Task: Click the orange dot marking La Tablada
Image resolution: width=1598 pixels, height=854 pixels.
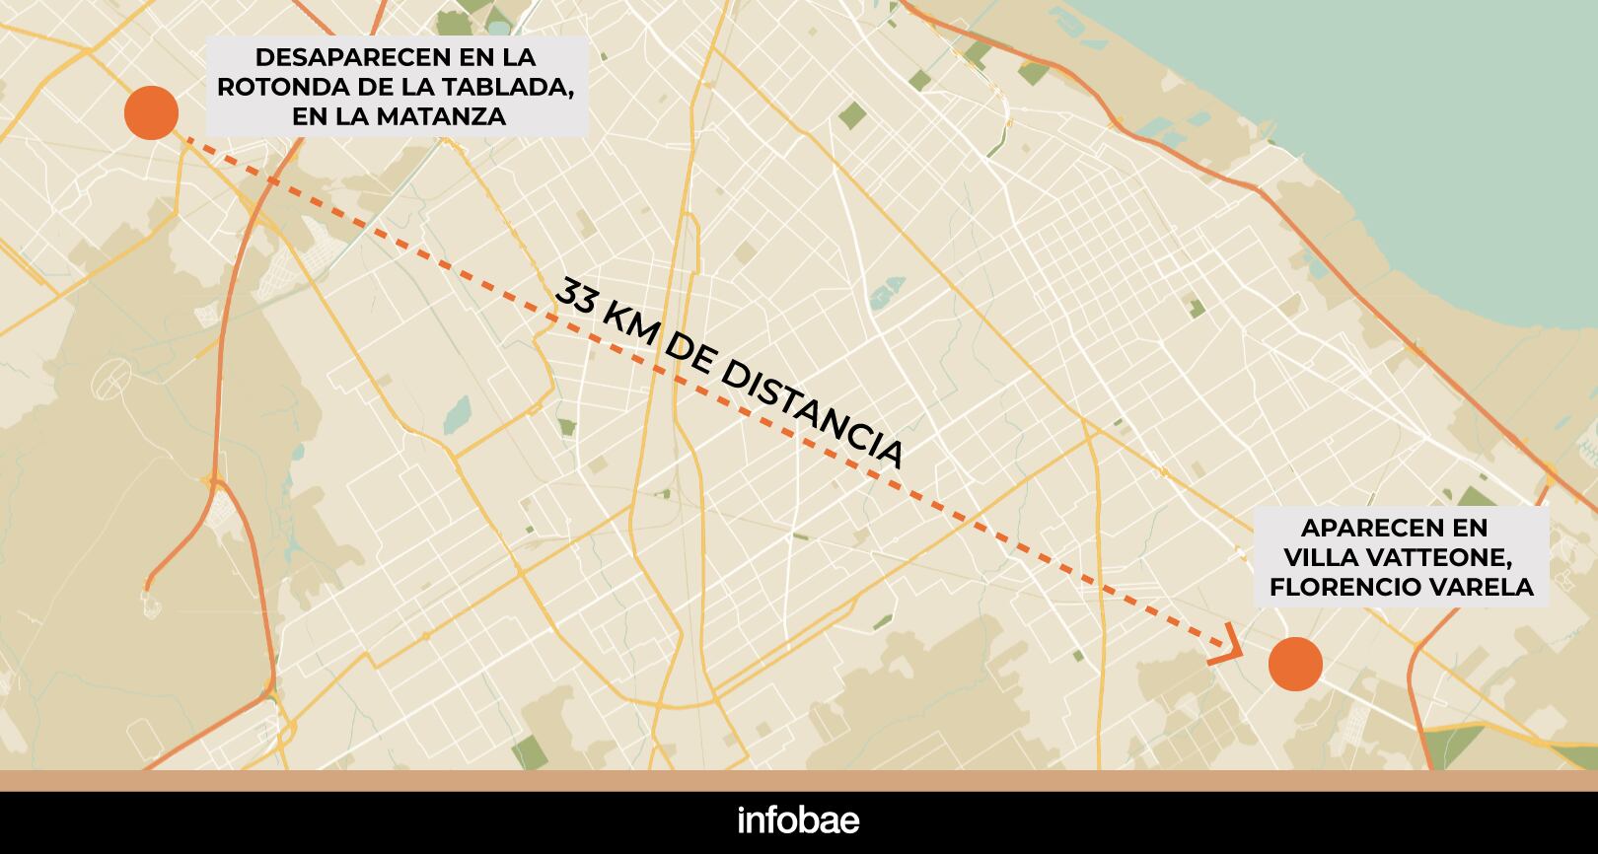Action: click(x=151, y=112)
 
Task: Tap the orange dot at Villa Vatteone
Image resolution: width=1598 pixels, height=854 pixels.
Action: click(x=1294, y=663)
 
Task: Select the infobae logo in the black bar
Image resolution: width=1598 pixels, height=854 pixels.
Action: click(x=798, y=821)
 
